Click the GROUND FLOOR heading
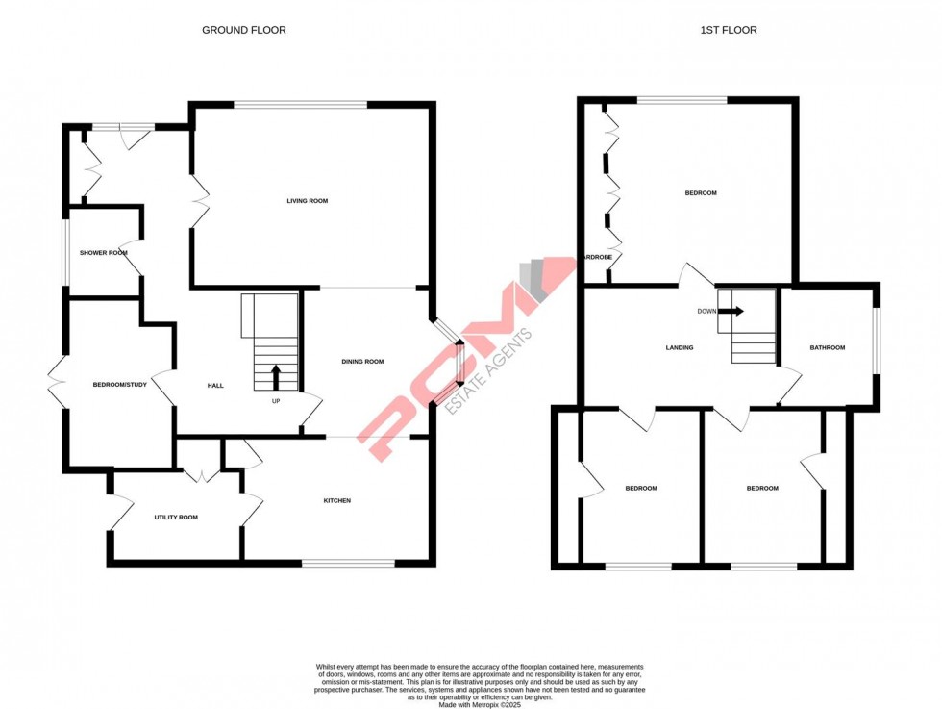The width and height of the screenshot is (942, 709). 243,30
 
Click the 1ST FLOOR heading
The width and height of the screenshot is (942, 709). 728,30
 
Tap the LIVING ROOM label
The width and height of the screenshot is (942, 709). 308,201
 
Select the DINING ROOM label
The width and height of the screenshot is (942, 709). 362,362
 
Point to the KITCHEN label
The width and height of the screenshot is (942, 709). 336,500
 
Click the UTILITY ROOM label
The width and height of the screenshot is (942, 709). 176,518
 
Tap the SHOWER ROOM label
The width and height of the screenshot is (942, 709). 104,253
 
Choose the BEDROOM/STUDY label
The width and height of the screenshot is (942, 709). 119,385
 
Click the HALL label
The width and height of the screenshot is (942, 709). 215,386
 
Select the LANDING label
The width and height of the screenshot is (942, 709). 680,347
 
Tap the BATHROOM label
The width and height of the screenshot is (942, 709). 827,347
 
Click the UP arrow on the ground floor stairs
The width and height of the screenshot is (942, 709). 276,375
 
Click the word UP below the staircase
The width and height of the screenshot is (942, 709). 276,401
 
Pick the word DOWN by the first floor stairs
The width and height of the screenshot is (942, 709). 707,311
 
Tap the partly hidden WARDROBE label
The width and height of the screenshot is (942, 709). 597,257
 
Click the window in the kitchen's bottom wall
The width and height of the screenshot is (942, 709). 348,563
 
